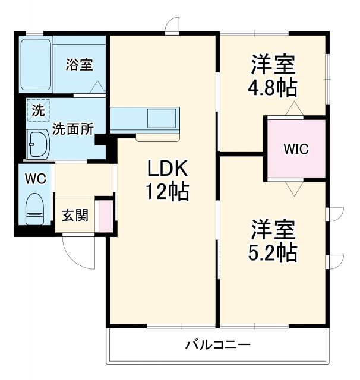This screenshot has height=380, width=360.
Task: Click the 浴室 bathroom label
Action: [x=79, y=64]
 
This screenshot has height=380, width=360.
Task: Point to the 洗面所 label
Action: [x=72, y=129]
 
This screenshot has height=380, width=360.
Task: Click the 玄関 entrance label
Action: [x=75, y=214]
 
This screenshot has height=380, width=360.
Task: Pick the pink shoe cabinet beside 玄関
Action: [x=105, y=216]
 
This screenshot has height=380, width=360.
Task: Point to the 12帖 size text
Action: [x=168, y=192]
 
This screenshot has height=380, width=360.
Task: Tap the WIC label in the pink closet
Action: [x=295, y=148]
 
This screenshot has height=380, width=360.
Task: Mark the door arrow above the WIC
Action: [x=295, y=109]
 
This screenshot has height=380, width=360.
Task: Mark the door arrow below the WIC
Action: [x=295, y=188]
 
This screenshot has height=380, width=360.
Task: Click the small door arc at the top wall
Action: [x=172, y=25]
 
